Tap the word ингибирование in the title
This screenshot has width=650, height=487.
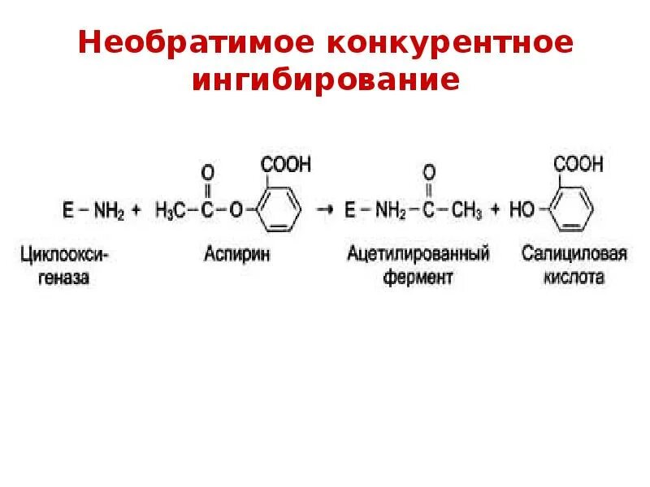[x=326, y=80]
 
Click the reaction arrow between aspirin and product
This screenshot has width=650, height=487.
[x=325, y=210]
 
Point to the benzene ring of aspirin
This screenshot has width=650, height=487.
[x=279, y=209]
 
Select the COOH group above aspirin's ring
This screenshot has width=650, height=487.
[x=285, y=166]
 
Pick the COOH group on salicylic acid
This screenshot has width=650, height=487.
[x=578, y=166]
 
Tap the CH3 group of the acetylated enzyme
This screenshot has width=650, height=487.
[x=466, y=211]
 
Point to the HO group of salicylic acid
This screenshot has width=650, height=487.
[x=522, y=211]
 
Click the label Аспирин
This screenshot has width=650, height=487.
[x=235, y=254]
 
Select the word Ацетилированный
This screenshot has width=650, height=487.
[x=418, y=254]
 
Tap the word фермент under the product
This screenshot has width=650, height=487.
[x=418, y=277]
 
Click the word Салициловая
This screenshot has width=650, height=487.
[x=574, y=254]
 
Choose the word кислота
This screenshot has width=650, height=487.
[x=574, y=277]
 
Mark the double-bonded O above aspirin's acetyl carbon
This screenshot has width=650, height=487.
[x=207, y=173]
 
